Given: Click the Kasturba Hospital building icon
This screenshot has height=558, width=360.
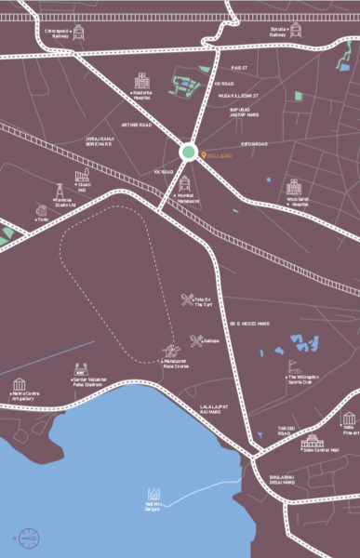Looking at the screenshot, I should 141,80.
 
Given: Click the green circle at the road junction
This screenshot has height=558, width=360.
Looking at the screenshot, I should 188,153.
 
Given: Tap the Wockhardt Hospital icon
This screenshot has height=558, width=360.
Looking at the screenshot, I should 295,189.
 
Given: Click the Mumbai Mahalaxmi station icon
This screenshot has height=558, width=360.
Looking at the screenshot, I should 185,181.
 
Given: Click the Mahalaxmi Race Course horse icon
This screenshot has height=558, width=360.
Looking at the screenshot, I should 171,352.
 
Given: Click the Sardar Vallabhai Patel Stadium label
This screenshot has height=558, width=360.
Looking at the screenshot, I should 81,381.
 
